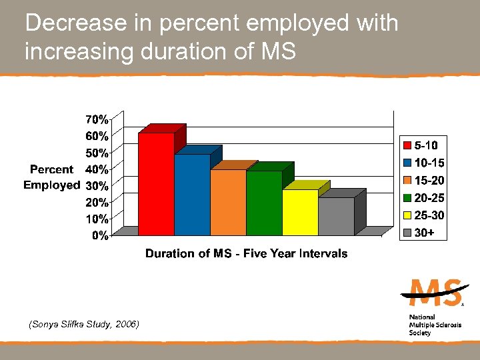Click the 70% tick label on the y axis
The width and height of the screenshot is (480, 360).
point(96,120)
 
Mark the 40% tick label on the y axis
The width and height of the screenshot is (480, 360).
point(96,169)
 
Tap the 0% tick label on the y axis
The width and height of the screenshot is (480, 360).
point(99,235)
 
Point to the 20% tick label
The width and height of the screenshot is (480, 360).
point(96,202)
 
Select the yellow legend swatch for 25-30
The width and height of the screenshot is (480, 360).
point(407,216)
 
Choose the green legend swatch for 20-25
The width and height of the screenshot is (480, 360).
point(407,198)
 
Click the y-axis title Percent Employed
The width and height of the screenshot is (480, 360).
point(51,177)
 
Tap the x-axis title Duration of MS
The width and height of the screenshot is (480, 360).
point(246,253)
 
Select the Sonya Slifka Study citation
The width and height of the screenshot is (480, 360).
point(83,324)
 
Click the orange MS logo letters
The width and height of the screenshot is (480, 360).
point(434,293)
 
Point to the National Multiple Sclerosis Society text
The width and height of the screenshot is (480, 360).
point(430,325)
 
